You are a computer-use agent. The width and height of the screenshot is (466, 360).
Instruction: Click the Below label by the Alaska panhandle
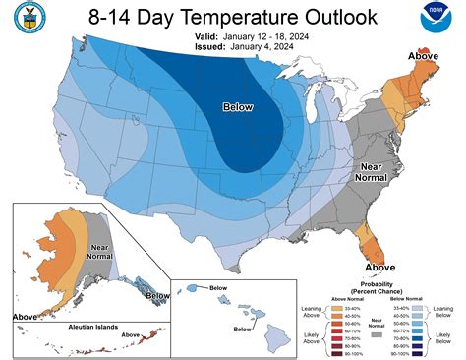point(156,294)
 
